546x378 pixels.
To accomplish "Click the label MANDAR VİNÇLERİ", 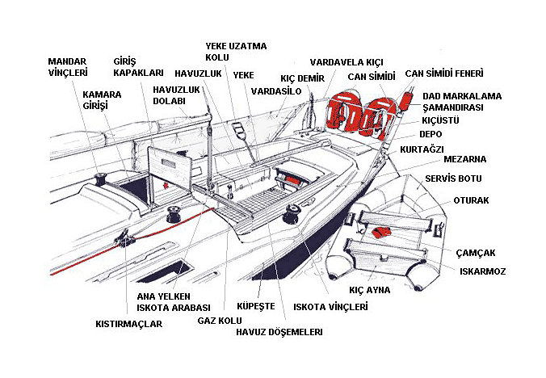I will (68, 66).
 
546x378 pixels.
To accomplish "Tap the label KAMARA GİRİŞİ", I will (102, 100).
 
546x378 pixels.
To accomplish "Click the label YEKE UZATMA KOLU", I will (236, 52).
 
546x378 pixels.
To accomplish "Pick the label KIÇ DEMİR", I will (302, 78).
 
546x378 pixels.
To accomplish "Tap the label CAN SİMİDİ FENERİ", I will (447, 73).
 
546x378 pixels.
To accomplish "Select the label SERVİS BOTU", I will (452, 177).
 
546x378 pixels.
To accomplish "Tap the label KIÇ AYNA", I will (369, 289).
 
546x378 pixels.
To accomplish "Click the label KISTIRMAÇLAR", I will (129, 324).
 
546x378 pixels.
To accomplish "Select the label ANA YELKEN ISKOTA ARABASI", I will (174, 302).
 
